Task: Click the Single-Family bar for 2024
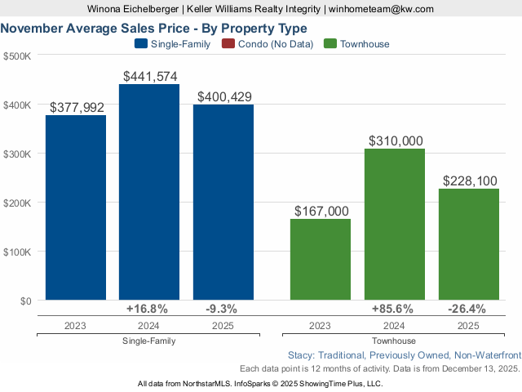click(149, 192)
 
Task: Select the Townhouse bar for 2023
click(321, 259)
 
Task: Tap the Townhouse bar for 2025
click(468, 244)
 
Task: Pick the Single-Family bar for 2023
click(75, 207)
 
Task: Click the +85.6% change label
click(394, 309)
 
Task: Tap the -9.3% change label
click(223, 309)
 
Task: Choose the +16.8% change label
click(148, 309)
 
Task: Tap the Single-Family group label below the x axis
click(148, 341)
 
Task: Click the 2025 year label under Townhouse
click(468, 325)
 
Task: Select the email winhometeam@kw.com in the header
click(382, 9)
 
